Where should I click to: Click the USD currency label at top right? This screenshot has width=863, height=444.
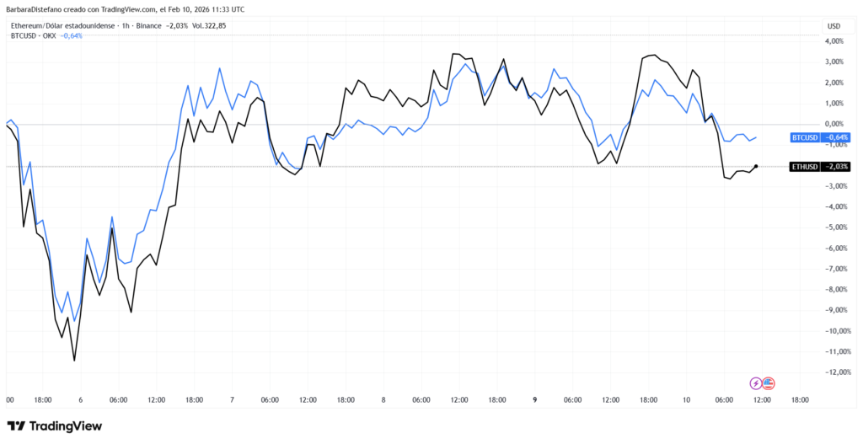tap(834, 25)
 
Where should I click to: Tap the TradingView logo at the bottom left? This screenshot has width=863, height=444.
tap(55, 426)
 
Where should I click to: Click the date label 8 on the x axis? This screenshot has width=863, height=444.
tap(383, 400)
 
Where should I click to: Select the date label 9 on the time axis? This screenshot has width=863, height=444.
tap(535, 400)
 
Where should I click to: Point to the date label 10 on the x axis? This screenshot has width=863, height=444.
tap(686, 400)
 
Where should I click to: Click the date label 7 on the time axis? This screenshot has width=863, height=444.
tap(232, 400)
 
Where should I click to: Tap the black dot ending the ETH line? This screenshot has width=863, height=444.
tap(756, 167)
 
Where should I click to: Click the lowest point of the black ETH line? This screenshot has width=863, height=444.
tap(74, 361)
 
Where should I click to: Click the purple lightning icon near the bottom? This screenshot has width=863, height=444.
tap(755, 383)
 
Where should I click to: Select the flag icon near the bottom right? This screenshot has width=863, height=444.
tap(768, 383)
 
